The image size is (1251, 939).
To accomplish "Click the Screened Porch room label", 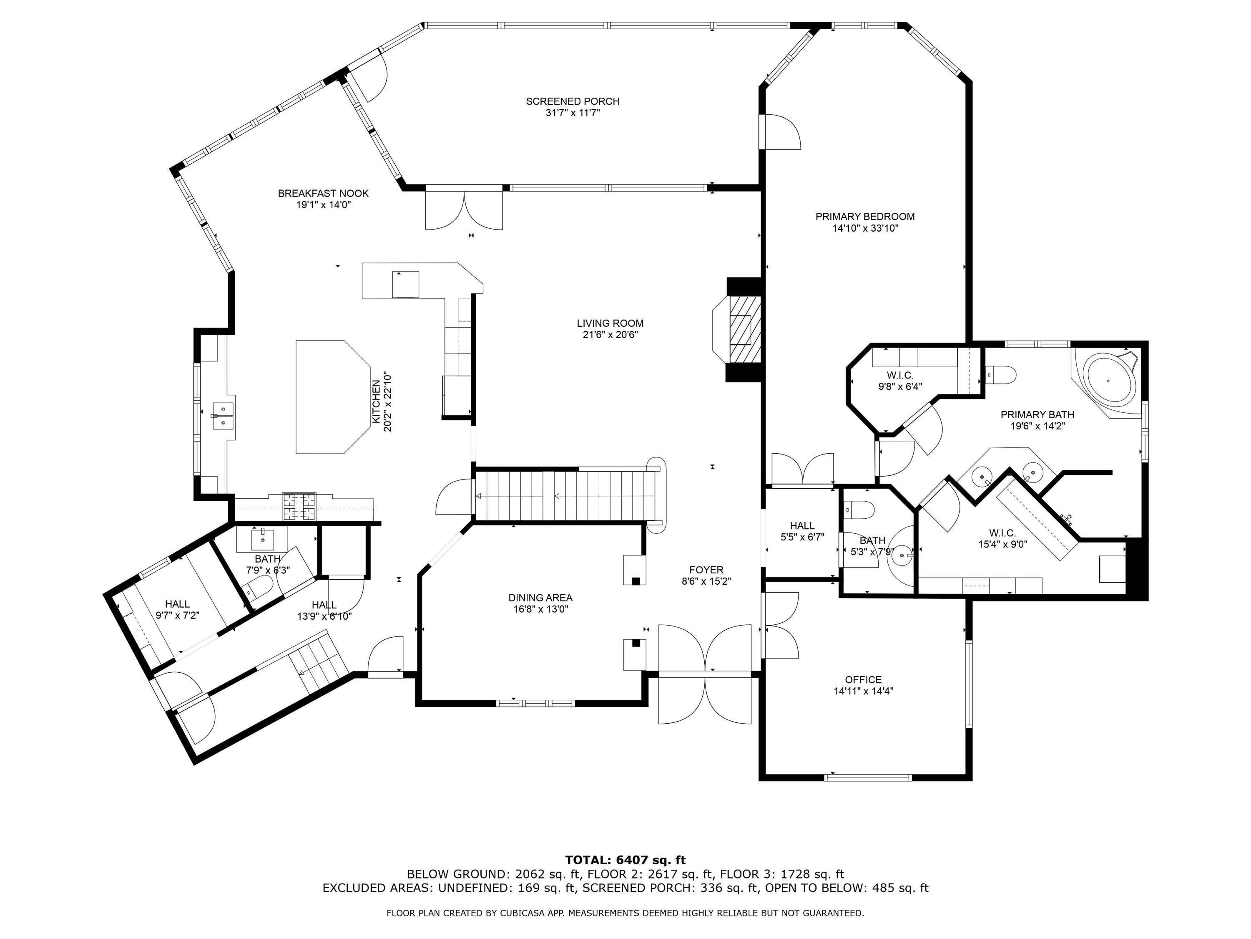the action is pos(573,101).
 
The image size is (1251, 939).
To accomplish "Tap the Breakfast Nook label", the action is pos(323,194).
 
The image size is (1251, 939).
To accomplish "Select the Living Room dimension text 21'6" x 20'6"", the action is pos(610,335).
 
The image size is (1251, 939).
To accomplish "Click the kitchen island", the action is pos(332,397).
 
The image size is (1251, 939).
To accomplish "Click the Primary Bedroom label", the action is pos(865,217).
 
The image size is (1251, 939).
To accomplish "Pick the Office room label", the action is pos(863,680).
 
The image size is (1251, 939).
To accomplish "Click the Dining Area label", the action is pos(540,598).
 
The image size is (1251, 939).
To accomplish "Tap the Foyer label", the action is pos(706,570).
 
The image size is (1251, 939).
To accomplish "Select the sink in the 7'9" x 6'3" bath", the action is pos(262,539).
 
